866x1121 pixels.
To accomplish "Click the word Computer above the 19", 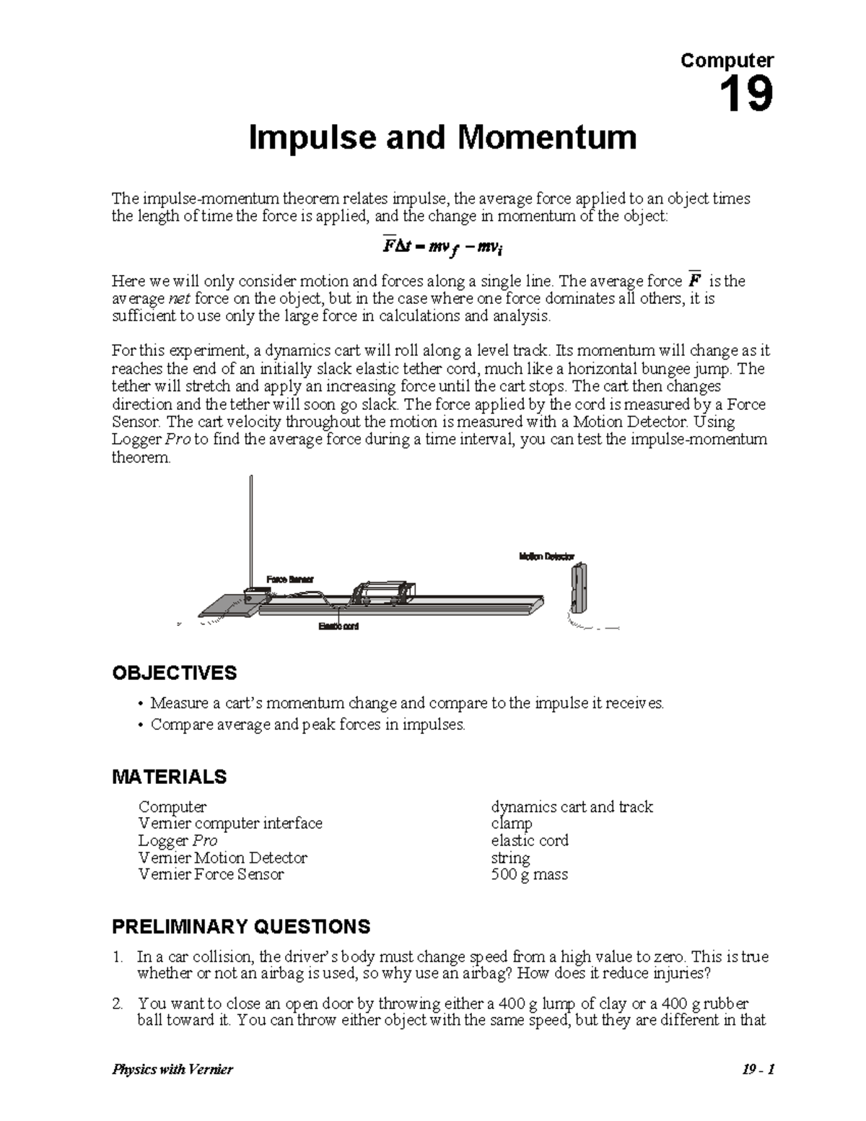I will tap(727, 61).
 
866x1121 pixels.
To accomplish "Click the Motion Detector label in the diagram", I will tap(546, 557).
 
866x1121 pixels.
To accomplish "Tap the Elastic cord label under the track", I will tap(338, 626).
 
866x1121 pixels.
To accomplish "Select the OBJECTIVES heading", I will tap(174, 673).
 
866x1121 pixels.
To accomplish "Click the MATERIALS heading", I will tap(169, 777).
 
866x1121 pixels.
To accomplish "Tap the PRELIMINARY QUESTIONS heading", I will tap(241, 926).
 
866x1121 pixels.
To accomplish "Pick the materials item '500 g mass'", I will tap(529, 875).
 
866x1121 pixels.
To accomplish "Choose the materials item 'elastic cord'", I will tap(529, 840).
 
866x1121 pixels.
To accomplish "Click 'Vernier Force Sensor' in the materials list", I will tap(211, 875).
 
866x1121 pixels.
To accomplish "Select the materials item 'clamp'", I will tap(511, 824).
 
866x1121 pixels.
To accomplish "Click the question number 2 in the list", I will tap(117, 1004).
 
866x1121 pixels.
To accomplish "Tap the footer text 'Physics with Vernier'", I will tap(172, 1070).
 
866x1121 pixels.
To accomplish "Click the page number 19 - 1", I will tap(756, 1070).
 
